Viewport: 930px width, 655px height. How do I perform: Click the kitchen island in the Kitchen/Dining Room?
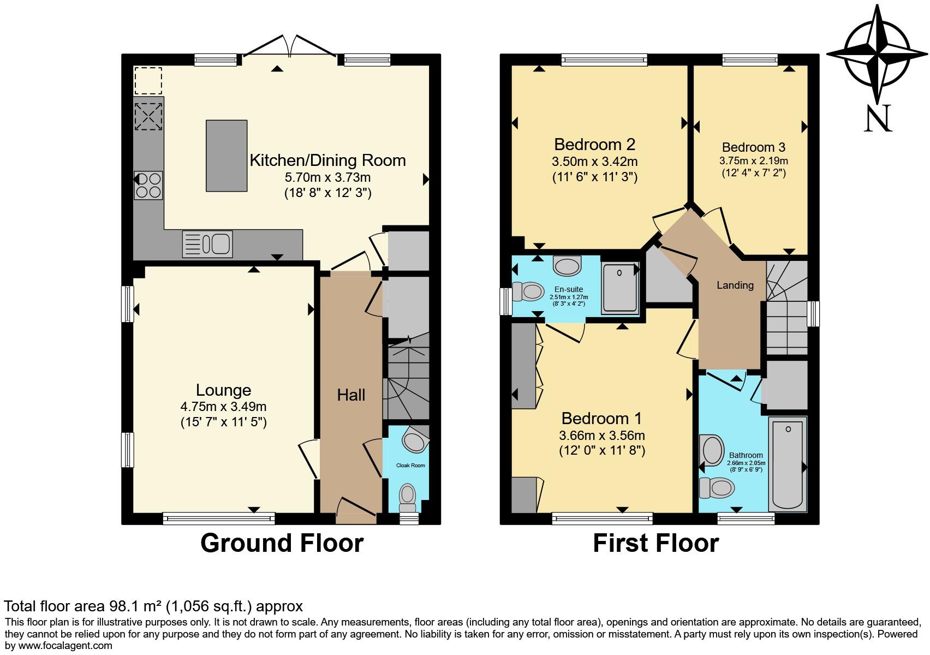226,156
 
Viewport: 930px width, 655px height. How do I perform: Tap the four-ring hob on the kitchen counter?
148,185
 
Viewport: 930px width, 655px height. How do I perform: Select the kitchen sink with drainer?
207,243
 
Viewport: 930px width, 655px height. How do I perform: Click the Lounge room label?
223,390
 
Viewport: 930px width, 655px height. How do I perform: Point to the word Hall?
351,395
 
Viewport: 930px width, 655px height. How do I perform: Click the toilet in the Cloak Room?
407,496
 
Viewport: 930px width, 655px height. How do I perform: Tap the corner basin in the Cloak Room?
416,440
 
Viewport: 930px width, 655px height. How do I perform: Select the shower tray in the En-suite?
620,287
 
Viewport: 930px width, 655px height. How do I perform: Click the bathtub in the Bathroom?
788,463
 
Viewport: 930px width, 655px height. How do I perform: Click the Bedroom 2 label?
594,145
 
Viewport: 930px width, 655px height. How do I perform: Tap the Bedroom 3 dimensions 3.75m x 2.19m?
753,162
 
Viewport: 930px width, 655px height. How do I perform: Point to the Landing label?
735,285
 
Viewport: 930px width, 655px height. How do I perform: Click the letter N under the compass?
878,118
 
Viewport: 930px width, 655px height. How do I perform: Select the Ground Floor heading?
282,543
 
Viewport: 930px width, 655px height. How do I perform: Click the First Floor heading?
655,543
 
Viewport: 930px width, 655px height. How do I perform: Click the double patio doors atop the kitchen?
289,47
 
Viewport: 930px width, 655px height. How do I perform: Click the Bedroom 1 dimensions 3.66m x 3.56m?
602,436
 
